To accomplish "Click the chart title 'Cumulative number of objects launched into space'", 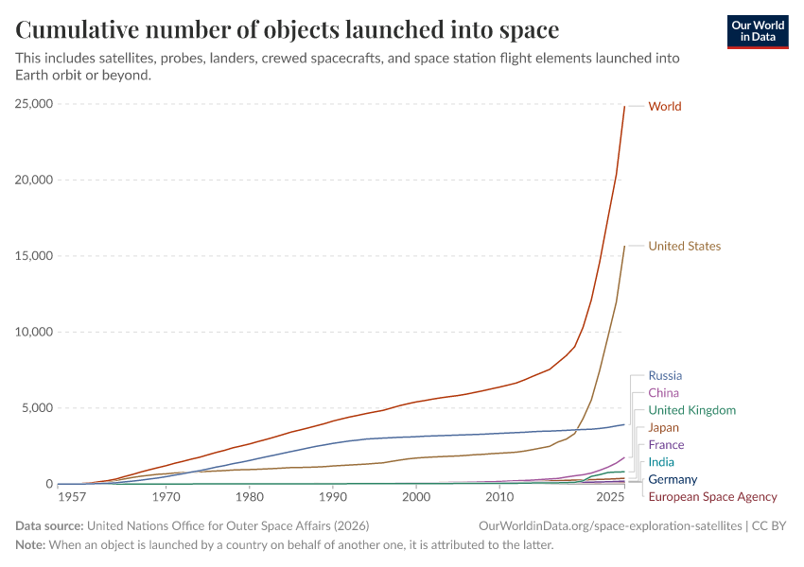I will pos(288,30).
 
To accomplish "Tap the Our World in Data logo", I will pos(757,30).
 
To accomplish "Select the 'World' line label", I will pos(664,107).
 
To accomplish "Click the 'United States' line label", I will pos(684,247).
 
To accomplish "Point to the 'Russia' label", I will pos(665,376).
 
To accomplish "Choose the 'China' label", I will pos(663,393).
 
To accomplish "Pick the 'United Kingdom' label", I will pos(691,411).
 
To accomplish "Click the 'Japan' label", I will pos(663,428).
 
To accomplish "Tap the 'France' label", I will pos(666,445).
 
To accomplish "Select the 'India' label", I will pos(661,462).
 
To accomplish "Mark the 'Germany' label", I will pos(673,480).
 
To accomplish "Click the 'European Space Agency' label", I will pos(712,497).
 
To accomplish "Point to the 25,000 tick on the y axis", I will pos(35,104).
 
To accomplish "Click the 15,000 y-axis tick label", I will pos(35,256).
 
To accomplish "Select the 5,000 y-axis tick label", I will pos(39,408).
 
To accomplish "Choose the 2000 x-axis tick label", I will pos(415,497).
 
